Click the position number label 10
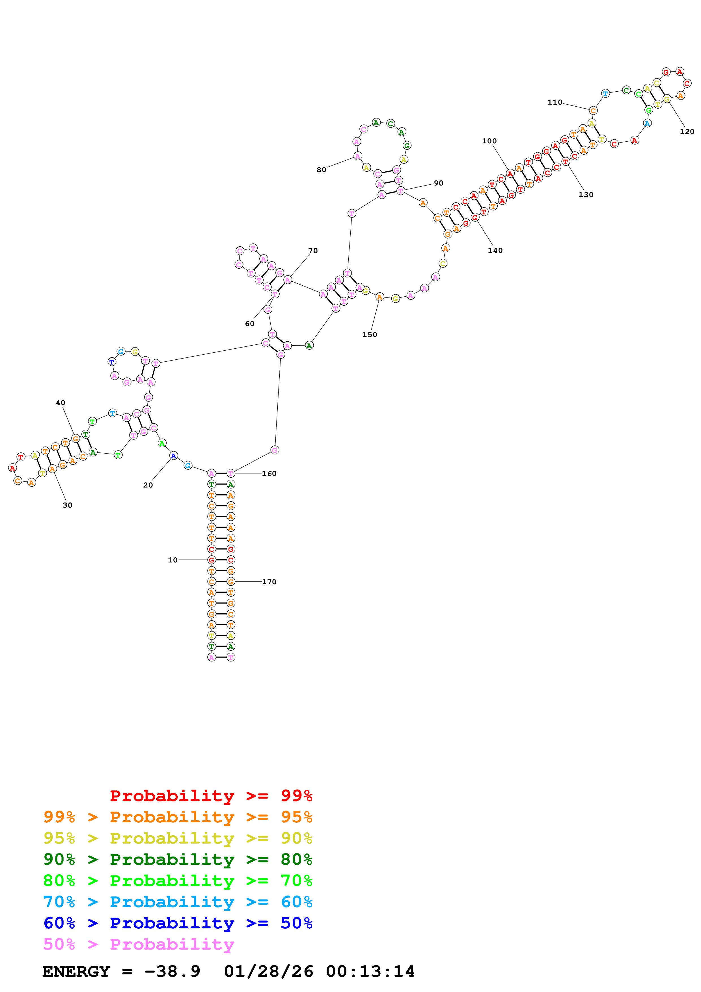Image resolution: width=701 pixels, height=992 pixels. click(172, 560)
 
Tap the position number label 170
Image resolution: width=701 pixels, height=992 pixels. click(269, 582)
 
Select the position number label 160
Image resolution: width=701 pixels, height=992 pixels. click(269, 474)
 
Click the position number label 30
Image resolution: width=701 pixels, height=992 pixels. click(67, 505)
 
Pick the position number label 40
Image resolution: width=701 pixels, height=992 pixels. click(61, 403)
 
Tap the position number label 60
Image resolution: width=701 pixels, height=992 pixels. click(250, 324)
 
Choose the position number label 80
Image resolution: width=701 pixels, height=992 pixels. click(321, 170)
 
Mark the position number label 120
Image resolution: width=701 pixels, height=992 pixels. click(687, 132)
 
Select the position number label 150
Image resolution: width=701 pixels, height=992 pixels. click(370, 335)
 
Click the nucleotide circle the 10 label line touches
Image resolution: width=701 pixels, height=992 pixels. click(212, 560)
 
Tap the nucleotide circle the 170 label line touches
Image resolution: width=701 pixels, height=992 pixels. click(231, 582)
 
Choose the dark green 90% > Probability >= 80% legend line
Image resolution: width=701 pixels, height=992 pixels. click(178, 859)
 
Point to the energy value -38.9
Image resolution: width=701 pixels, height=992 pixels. click(173, 972)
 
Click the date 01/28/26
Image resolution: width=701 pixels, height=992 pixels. click(269, 972)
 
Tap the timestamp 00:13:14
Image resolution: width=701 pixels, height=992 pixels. click(370, 972)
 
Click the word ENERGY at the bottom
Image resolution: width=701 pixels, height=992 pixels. click(76, 972)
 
